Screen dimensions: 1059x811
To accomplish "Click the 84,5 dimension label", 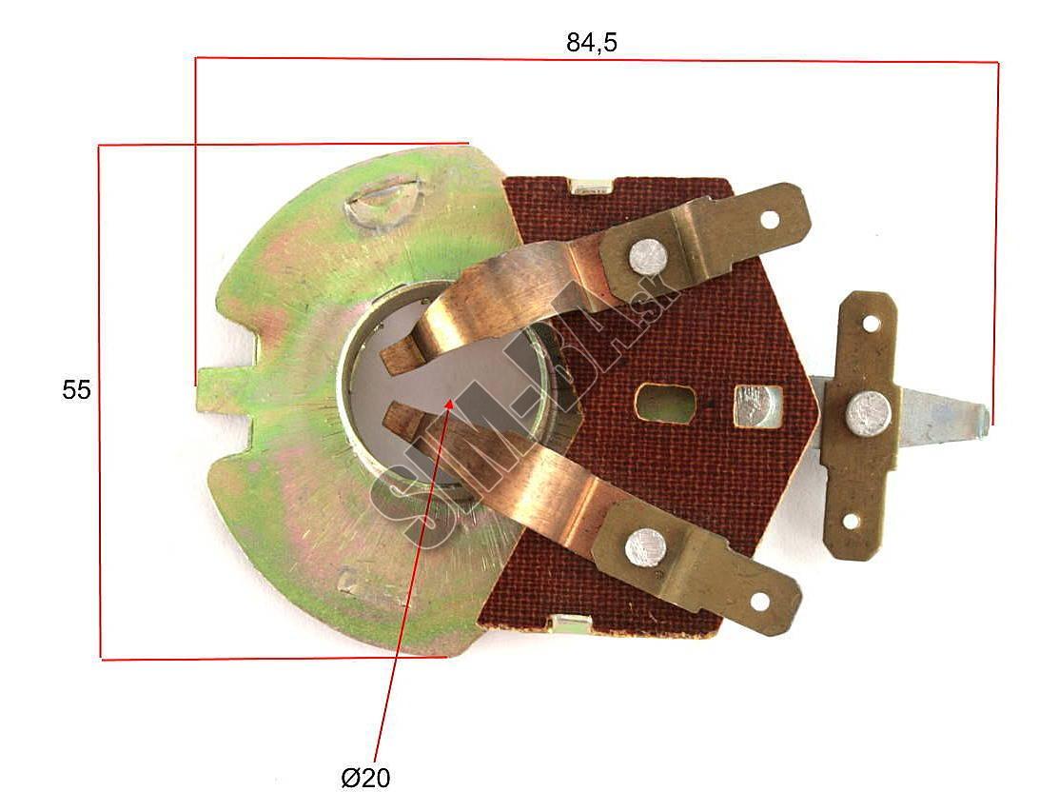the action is coord(592,43).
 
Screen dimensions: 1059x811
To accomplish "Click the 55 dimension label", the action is coord(76,390).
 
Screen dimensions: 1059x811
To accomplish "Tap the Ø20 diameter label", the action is coord(365,778).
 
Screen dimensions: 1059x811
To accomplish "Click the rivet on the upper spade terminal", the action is coord(648,257).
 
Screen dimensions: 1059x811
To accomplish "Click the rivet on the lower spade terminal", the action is coord(645,546).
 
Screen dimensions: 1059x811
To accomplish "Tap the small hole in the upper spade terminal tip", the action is coord(769,220).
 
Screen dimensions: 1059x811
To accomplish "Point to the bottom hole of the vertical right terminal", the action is coord(851,521).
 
